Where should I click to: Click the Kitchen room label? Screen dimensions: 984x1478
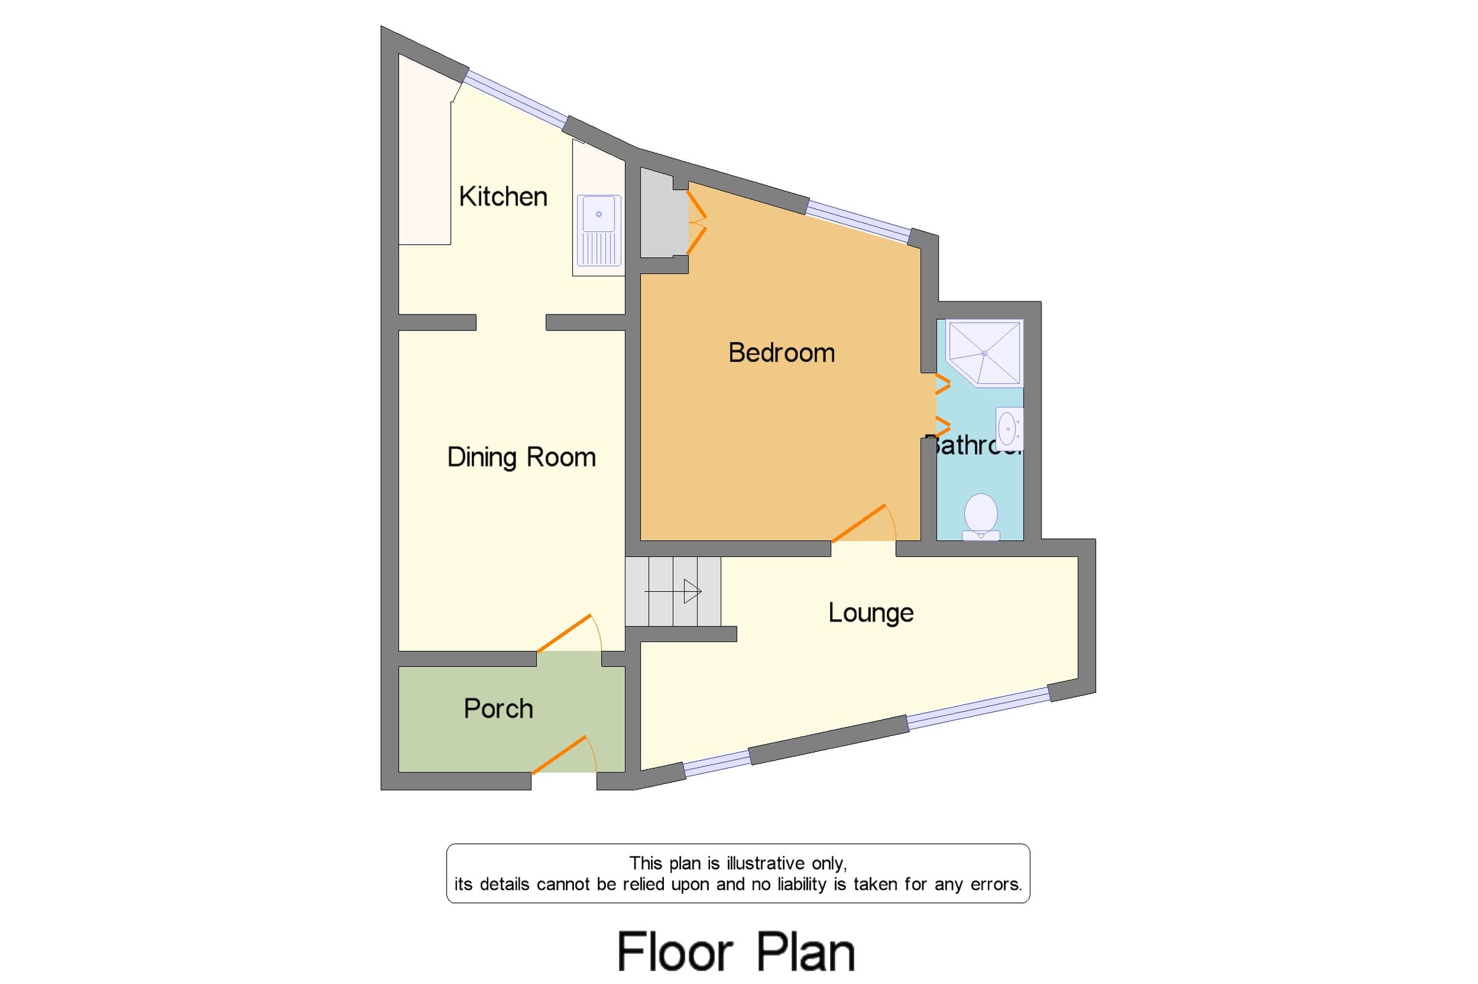(x=503, y=197)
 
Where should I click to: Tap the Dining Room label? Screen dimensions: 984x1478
(x=521, y=457)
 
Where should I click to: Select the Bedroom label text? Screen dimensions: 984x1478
(x=781, y=353)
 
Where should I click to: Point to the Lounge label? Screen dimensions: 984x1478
(x=870, y=613)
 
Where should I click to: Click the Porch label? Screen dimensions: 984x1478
(x=498, y=709)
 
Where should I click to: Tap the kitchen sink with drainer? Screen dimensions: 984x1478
(x=599, y=230)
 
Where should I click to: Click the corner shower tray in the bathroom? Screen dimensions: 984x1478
(x=984, y=353)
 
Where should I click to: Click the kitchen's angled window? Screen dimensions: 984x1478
(x=516, y=97)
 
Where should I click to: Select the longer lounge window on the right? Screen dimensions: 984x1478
(x=977, y=708)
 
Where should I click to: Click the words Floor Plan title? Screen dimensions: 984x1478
(x=736, y=951)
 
